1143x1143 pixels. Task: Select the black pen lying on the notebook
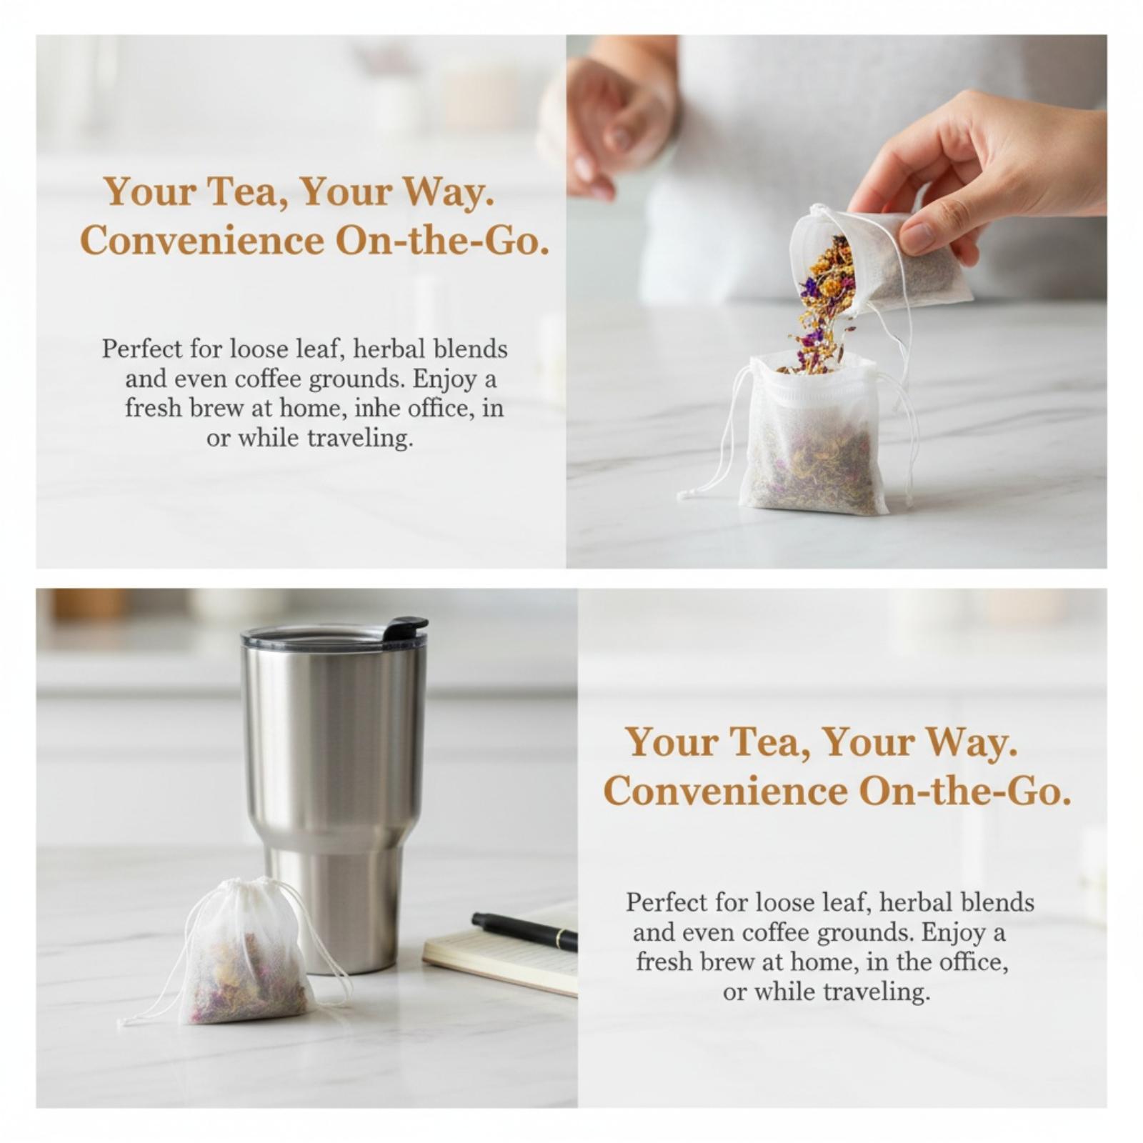[524, 931]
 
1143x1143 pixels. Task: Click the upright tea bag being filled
[814, 434]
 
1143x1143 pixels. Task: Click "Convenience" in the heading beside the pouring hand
[202, 241]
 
